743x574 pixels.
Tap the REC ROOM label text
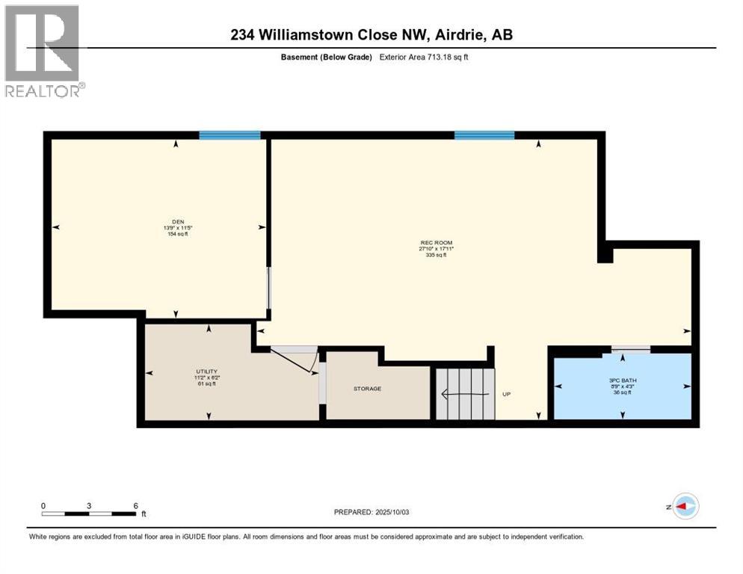click(x=436, y=241)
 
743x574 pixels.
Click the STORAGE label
click(x=367, y=389)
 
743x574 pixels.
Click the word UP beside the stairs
click(x=506, y=394)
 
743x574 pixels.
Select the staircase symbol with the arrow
click(x=465, y=393)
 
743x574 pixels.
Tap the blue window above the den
click(x=229, y=135)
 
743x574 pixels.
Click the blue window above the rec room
click(x=484, y=135)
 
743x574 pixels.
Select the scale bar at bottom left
click(x=89, y=513)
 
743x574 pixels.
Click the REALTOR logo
click(x=43, y=51)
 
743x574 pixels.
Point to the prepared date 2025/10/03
click(x=371, y=512)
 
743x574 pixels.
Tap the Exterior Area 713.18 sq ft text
click(x=425, y=58)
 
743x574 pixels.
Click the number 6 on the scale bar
click(x=135, y=505)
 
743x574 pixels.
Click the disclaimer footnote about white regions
click(x=306, y=536)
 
